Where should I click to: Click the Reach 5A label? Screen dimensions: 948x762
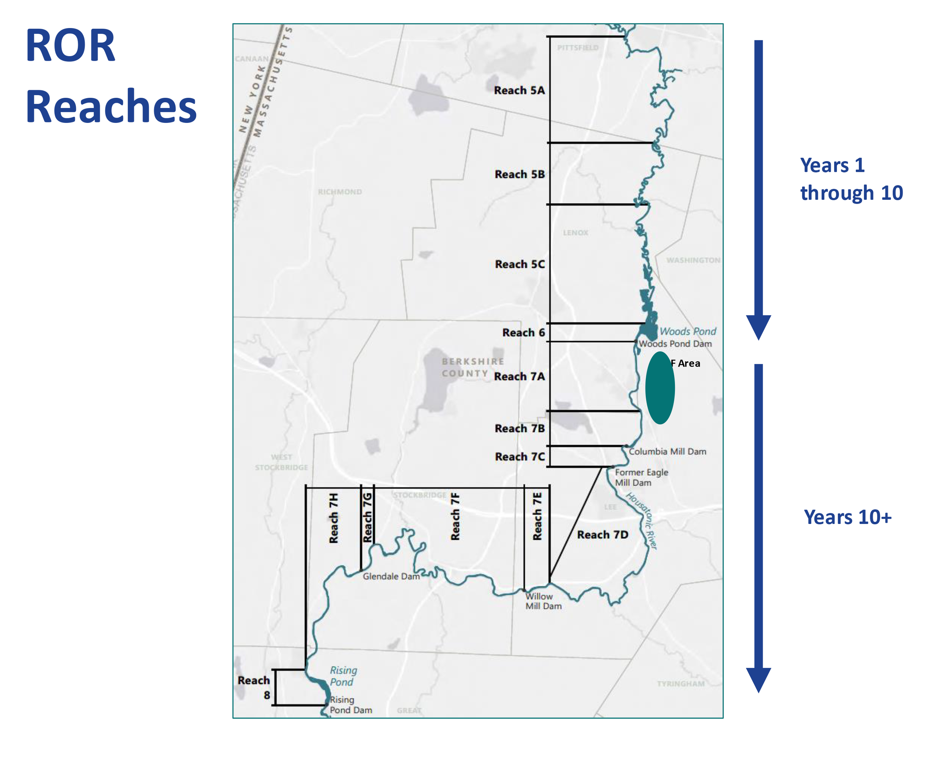click(519, 91)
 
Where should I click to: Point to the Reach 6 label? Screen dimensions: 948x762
click(523, 333)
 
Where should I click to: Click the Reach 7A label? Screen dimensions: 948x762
click(519, 377)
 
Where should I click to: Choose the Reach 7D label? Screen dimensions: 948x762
click(603, 535)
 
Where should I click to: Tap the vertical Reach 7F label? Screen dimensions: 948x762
click(455, 517)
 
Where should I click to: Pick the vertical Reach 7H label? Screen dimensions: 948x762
click(334, 518)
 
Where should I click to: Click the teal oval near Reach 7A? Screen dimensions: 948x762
click(659, 388)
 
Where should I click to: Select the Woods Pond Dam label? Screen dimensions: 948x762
click(675, 344)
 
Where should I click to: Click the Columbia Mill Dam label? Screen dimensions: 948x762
click(667, 452)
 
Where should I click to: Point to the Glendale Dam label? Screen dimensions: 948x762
click(391, 577)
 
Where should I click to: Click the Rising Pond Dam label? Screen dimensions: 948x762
click(350, 705)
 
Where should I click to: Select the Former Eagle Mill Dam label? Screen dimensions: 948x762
click(641, 478)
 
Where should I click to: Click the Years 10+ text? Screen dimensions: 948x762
click(847, 517)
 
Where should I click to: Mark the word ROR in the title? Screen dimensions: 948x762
click(71, 46)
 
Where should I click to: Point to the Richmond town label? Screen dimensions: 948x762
click(340, 192)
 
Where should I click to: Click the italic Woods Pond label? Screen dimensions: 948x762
click(688, 332)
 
